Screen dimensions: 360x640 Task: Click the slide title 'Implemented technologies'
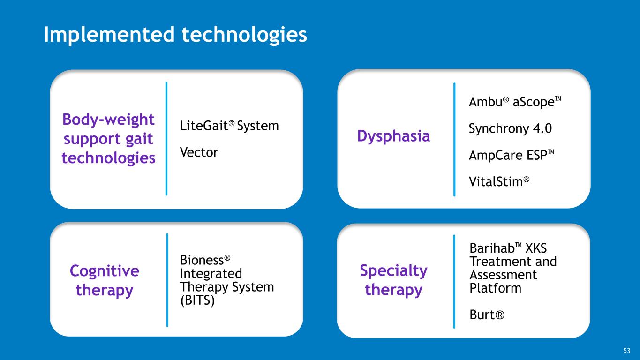pyautogui.click(x=175, y=35)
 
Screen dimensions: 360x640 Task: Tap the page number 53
pyautogui.click(x=627, y=351)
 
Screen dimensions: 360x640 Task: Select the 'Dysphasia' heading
pyautogui.click(x=393, y=136)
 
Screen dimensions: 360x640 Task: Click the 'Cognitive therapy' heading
pyautogui.click(x=104, y=280)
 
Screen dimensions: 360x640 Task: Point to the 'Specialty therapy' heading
pyautogui.click(x=393, y=280)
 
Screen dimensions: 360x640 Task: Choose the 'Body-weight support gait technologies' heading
pyautogui.click(x=108, y=139)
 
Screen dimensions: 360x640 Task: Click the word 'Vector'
pyautogui.click(x=199, y=152)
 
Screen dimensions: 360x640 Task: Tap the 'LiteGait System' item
pyautogui.click(x=229, y=126)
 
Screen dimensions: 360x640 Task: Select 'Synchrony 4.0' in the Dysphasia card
pyautogui.click(x=510, y=129)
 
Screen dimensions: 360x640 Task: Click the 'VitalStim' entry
pyautogui.click(x=499, y=181)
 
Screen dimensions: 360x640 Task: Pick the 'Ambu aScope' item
pyautogui.click(x=514, y=103)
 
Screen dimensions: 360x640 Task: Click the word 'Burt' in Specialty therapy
pyautogui.click(x=486, y=315)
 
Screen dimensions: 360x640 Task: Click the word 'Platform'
pyautogui.click(x=495, y=288)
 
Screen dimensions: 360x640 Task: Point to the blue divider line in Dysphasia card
pyautogui.click(x=454, y=139)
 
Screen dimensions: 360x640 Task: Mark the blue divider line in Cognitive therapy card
pyautogui.click(x=167, y=279)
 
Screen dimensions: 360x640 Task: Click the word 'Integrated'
pyautogui.click(x=211, y=273)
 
